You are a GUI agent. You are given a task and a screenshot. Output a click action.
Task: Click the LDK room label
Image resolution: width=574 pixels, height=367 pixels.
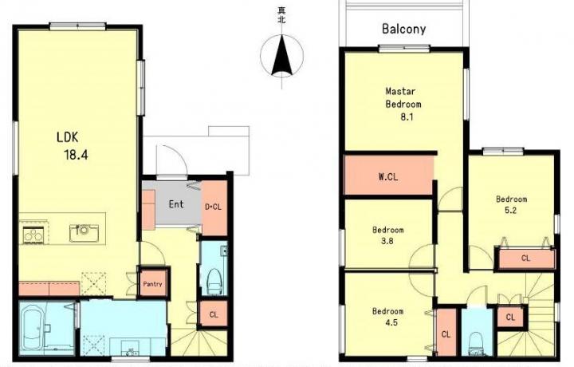pyautogui.click(x=67, y=137)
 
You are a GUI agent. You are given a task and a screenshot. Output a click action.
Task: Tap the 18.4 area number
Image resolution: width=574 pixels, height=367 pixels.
pyautogui.click(x=77, y=155)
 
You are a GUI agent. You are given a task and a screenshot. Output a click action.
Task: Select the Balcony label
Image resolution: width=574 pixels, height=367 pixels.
pyautogui.click(x=403, y=29)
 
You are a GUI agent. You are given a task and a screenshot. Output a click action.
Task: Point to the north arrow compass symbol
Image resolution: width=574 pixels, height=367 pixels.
pyautogui.click(x=281, y=56)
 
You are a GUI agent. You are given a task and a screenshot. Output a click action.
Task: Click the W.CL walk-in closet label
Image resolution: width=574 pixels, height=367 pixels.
pyautogui.click(x=388, y=177)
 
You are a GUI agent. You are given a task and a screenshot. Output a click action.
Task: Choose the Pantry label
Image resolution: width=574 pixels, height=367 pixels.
pyautogui.click(x=152, y=284)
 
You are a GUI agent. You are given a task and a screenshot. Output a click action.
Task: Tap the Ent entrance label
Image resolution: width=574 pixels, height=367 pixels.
pyautogui.click(x=176, y=204)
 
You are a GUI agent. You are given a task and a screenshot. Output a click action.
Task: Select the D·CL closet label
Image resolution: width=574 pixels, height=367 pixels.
pyautogui.click(x=213, y=207)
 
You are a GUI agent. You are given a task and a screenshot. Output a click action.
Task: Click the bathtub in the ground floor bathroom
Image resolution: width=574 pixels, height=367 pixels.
pyautogui.click(x=35, y=328)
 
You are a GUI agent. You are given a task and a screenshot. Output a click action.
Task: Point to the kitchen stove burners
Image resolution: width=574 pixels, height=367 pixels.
pyautogui.click(x=33, y=235)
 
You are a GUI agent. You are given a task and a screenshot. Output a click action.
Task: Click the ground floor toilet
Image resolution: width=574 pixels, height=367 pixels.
pyautogui.click(x=215, y=282)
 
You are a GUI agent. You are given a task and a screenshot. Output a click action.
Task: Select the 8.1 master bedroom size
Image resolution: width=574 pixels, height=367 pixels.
pyautogui.click(x=407, y=117)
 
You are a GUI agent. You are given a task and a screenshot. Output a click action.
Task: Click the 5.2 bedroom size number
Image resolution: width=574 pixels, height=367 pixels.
pyautogui.click(x=510, y=211)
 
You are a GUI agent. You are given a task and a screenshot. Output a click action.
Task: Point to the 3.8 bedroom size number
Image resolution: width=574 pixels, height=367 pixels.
pyautogui.click(x=387, y=241)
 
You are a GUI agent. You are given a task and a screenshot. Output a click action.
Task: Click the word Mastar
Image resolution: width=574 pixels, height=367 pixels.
pyautogui.click(x=400, y=91)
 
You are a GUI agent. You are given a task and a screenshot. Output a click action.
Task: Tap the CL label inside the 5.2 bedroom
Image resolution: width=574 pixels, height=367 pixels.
pyautogui.click(x=525, y=258)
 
